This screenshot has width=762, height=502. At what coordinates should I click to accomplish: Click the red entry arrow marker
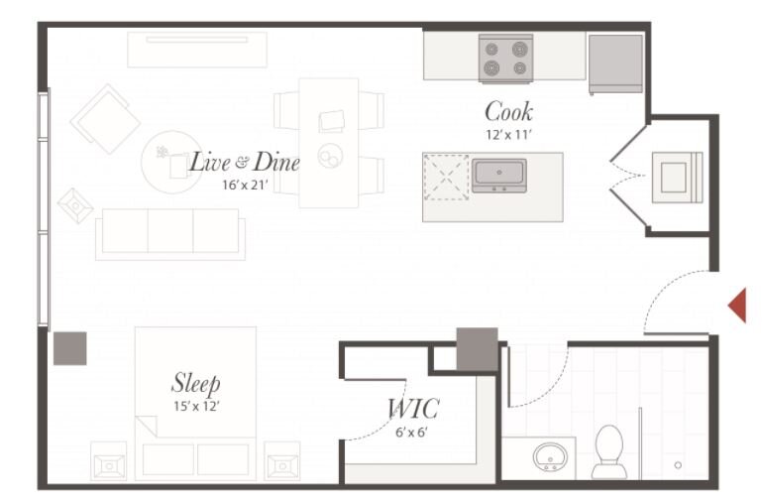coord(739,305)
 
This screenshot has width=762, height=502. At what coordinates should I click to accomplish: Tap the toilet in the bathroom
coord(609,451)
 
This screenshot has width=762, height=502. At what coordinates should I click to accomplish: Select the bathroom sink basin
coord(550,456)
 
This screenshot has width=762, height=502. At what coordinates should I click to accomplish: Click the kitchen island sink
coord(499,176)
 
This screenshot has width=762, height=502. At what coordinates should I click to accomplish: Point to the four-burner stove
coord(506,58)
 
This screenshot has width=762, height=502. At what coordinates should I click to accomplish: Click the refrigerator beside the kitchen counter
coord(615,63)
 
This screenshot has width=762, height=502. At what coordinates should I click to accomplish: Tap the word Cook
coord(508,111)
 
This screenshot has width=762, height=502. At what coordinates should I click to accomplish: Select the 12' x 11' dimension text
coord(508,135)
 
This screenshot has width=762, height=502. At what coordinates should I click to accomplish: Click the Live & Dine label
coord(245,162)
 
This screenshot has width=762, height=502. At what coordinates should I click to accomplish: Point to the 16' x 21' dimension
coord(246,185)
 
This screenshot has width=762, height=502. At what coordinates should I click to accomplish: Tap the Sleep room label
coord(196,384)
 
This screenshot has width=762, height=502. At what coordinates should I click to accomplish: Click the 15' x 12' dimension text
coord(197,406)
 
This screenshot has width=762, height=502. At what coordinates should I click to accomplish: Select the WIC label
coord(413,409)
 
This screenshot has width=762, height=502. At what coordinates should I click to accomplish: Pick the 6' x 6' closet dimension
coord(411,432)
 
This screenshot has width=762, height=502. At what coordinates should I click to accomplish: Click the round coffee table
coord(171,162)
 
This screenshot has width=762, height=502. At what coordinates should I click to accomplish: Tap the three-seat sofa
coord(170,234)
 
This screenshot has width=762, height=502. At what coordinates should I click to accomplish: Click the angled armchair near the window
coord(105,119)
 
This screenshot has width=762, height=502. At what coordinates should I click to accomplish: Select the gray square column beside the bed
coord(70,348)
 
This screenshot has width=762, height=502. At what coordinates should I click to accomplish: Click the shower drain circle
coord(678,465)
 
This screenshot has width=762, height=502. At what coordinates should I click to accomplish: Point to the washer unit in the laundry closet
coord(677,177)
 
